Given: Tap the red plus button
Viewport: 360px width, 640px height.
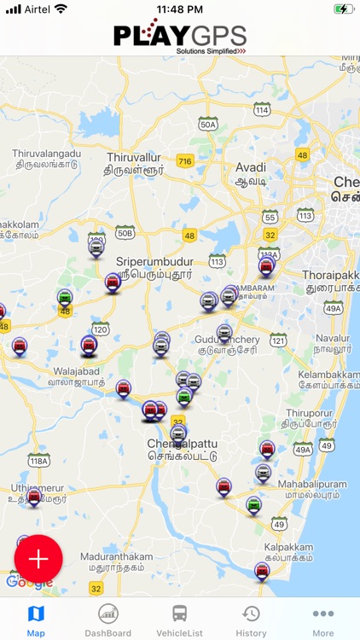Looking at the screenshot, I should pos(38,559).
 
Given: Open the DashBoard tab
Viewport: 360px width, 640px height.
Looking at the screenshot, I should pos(107,620).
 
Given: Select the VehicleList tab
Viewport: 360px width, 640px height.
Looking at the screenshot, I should pos(179,620).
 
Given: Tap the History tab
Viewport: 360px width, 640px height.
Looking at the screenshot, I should pos(251,620).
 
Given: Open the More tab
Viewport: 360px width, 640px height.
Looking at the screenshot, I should pos(322,620).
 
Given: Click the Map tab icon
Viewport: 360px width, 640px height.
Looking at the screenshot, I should pos(36,614).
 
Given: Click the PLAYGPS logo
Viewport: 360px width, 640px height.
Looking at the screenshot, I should pos(180,38).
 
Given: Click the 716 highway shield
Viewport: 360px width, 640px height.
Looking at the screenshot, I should pos(185,160).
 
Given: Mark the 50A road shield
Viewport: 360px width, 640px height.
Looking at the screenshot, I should pos(207,125).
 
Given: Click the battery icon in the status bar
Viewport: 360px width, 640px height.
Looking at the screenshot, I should pos(344,9).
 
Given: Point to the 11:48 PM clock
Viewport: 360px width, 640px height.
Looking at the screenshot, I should pos(180,9).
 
